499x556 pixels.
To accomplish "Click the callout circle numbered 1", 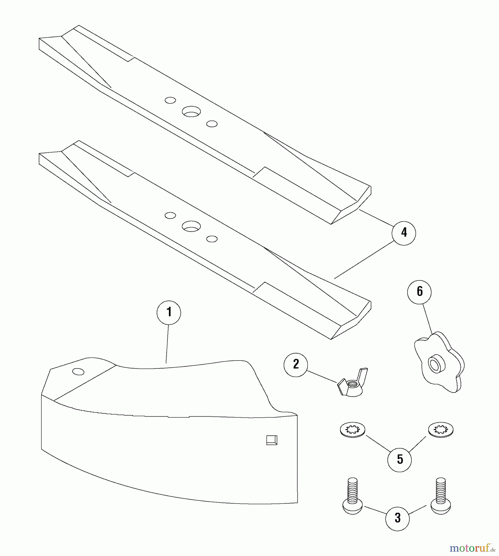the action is (x=169, y=312).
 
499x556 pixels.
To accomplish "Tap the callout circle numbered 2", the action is (x=296, y=364).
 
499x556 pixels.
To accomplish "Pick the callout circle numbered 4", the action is (x=404, y=233).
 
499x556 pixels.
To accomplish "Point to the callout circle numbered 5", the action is (x=400, y=459).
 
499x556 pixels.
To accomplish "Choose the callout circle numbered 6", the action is (x=419, y=292).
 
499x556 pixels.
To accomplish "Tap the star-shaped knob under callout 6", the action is (x=439, y=362).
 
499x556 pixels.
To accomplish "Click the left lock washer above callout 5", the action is (x=352, y=430).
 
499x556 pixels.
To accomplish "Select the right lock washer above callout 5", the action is (x=441, y=430).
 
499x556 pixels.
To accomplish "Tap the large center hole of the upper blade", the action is (x=191, y=112).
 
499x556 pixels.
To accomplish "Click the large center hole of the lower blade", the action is (x=191, y=226).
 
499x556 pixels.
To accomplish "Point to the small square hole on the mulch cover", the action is (x=272, y=440).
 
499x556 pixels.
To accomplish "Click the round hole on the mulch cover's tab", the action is (x=78, y=372).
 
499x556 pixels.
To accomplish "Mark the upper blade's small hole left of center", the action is (x=170, y=100).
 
